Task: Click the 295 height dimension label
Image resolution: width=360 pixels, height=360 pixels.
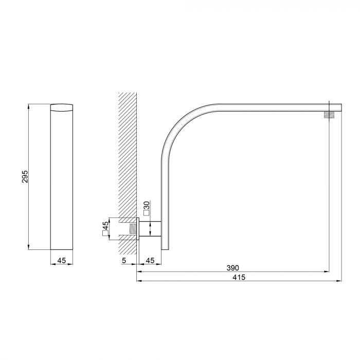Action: (x=25, y=176)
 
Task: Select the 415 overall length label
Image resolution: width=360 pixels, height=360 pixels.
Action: (x=239, y=277)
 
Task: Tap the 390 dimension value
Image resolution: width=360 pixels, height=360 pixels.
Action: (x=232, y=268)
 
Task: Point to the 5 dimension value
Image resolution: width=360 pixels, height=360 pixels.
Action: (x=124, y=260)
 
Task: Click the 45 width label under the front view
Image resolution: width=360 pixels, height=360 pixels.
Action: (x=62, y=260)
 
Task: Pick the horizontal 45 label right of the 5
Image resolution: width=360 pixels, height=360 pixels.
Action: (x=150, y=260)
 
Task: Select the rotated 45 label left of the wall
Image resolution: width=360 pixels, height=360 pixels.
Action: (x=105, y=225)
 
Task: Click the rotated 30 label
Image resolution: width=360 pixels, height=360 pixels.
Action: (x=147, y=205)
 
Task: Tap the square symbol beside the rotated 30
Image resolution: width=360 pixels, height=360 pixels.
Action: (x=146, y=213)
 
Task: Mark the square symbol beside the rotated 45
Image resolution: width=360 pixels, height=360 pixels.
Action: (x=105, y=233)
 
